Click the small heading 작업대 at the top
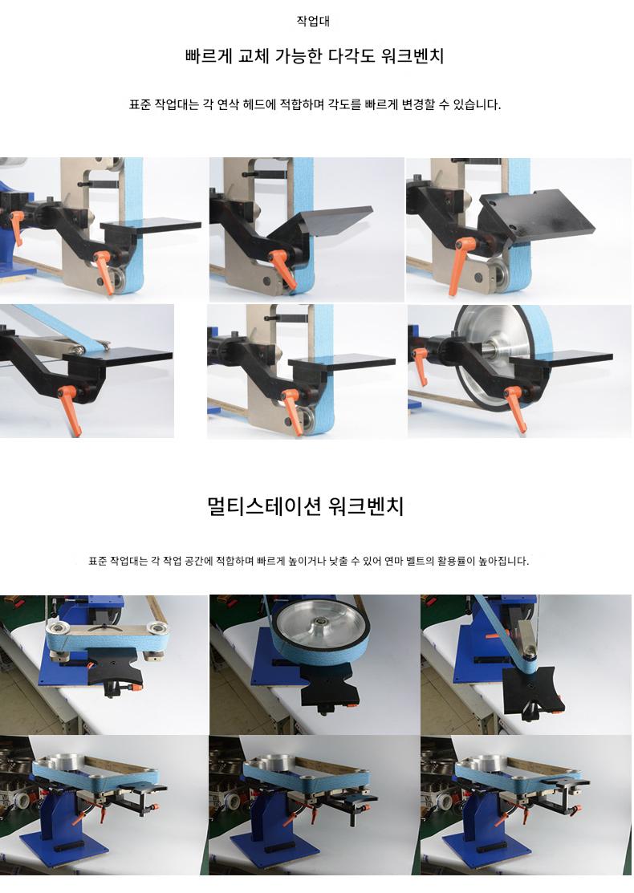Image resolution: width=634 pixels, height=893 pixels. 313,21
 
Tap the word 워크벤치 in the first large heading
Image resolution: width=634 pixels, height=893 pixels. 413,56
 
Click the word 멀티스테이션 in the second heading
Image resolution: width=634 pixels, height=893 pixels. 264,505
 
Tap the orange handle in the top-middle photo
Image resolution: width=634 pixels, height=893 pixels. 282,268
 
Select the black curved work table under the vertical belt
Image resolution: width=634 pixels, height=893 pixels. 533,690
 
